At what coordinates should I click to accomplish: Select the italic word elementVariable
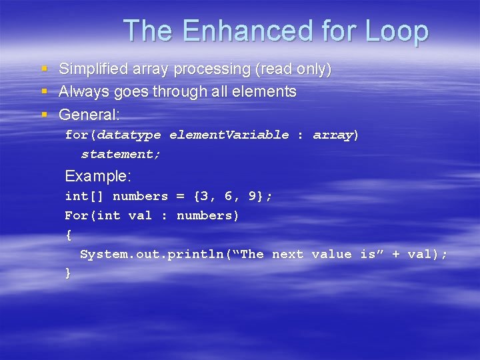tap(229, 135)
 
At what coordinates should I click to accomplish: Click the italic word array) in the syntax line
tap(336, 135)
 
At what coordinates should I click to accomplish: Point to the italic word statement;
tap(121, 155)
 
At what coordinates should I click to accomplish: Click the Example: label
tap(98, 177)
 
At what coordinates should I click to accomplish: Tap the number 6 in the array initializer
tap(228, 197)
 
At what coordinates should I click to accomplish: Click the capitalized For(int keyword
tap(92, 216)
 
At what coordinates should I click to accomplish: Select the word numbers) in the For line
tap(208, 216)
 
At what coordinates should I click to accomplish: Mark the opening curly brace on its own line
tap(68, 235)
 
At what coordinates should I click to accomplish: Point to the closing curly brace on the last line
tap(68, 273)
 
